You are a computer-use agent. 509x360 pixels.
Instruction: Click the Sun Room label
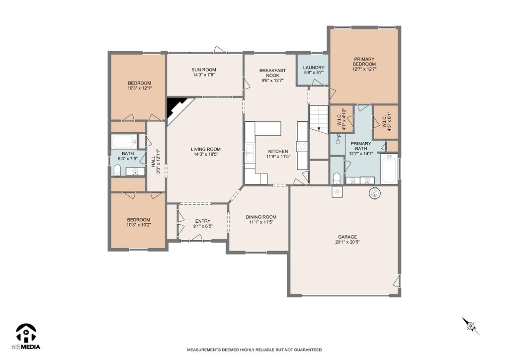pos(203,70)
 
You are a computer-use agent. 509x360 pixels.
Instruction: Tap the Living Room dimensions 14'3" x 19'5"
pos(205,155)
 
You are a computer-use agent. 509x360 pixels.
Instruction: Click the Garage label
pos(347,237)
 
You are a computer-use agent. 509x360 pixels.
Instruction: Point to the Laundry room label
pos(314,68)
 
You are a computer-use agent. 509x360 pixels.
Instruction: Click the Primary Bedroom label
pos(364,62)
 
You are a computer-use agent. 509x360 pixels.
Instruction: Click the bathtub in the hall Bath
pos(124,142)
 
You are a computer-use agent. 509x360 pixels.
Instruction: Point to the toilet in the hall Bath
pos(117,170)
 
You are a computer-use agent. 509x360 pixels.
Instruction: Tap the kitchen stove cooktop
pos(303,146)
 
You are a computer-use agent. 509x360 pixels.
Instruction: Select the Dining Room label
pos(261,217)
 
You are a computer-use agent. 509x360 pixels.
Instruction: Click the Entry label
pos(203,221)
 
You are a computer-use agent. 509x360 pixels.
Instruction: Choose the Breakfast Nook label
pos(273,73)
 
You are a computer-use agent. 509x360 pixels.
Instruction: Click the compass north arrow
pos(471,326)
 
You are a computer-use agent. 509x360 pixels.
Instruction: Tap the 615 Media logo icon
pos(26,333)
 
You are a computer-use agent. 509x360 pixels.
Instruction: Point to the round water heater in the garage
pos(375,193)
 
